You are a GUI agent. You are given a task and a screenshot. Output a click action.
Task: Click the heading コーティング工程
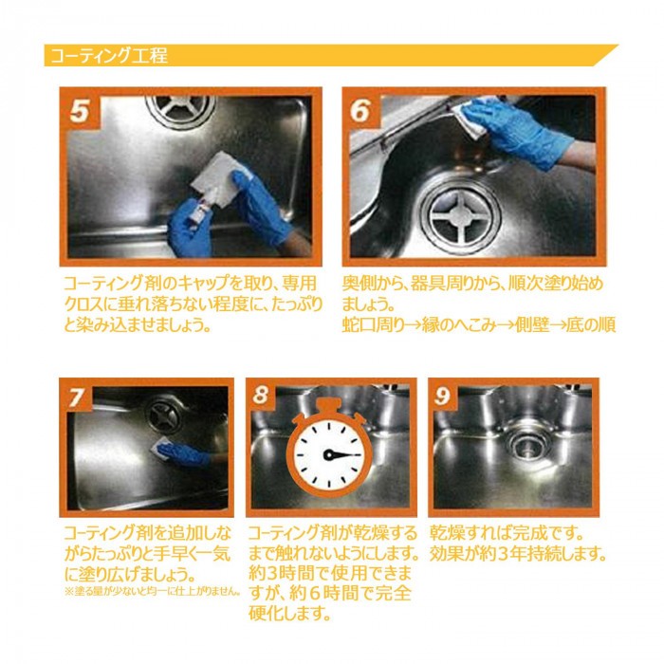[109, 55]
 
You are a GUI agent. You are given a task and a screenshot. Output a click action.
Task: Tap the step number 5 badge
[80, 110]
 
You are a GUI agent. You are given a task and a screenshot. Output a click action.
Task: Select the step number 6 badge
[361, 110]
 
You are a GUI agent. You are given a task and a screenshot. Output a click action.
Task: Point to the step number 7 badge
[77, 397]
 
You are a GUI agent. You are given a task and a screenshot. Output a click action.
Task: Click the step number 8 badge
[262, 396]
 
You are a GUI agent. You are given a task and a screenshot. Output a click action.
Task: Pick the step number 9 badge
[443, 396]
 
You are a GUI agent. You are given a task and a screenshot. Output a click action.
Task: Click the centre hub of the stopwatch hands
[328, 455]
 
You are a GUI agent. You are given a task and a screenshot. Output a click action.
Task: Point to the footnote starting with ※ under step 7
[153, 591]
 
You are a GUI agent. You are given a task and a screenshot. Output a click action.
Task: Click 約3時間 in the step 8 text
[281, 573]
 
